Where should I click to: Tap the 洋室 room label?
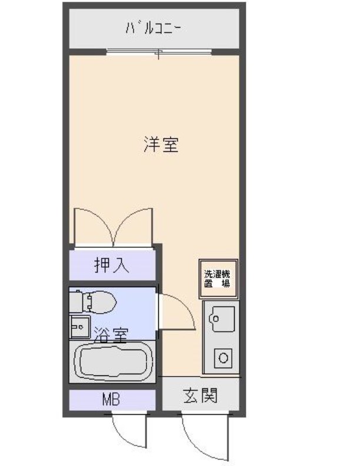(160, 144)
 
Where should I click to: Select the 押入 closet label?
(112, 265)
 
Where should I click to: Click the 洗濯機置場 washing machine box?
(217, 278)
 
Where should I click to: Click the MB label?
(111, 401)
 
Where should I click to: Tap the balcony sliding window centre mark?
(158, 54)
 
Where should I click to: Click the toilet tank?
(76, 302)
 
